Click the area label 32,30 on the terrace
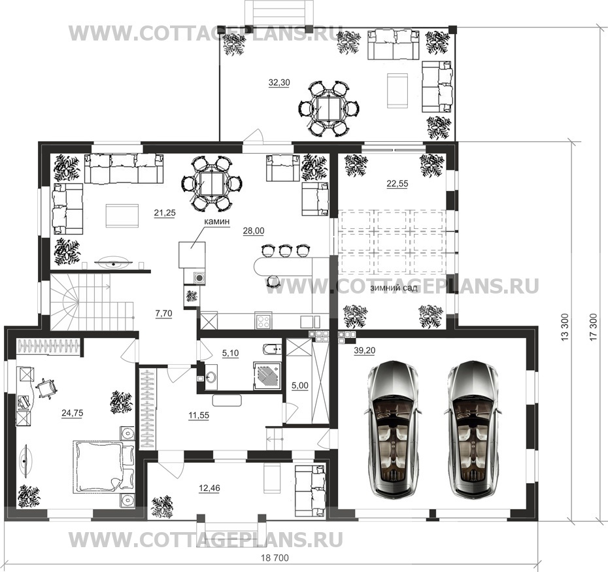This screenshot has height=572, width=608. pyautogui.click(x=279, y=82)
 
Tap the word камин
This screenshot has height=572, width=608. pyautogui.click(x=218, y=221)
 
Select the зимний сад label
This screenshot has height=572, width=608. pyautogui.click(x=393, y=288)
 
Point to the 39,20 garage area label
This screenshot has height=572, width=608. pyautogui.click(x=365, y=350)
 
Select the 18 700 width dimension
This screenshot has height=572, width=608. pyautogui.click(x=275, y=558)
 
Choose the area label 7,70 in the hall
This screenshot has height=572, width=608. pyautogui.click(x=163, y=313)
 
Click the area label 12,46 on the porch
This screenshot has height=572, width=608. pyautogui.click(x=209, y=488)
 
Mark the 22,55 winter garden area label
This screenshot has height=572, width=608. pyautogui.click(x=397, y=184)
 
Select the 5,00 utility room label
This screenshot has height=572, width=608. pyautogui.click(x=299, y=386)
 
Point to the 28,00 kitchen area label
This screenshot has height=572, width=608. pyautogui.click(x=254, y=231)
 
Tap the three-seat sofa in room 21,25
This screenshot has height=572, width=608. pyautogui.click(x=124, y=168)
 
